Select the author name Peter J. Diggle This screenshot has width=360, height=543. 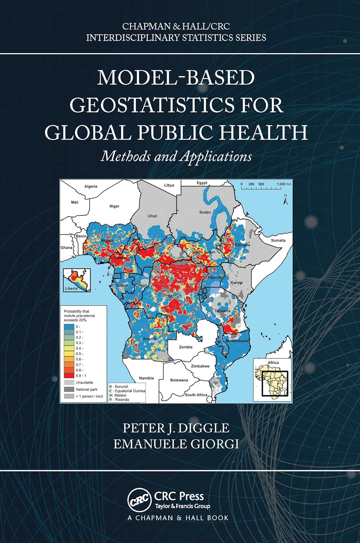(x=176, y=428)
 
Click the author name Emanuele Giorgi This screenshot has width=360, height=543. (x=176, y=444)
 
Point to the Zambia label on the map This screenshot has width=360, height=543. (x=186, y=347)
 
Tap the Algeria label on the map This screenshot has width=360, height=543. (x=91, y=186)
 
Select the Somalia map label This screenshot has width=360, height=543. (x=278, y=240)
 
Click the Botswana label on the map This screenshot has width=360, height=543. (x=179, y=380)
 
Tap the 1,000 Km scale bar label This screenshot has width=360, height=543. (x=284, y=184)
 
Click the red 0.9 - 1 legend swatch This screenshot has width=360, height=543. (x=69, y=376)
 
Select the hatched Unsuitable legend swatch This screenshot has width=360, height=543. (x=69, y=382)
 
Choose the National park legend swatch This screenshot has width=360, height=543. (x=69, y=390)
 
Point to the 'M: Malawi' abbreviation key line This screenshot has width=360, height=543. (x=118, y=395)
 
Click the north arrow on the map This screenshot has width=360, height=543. (x=285, y=198)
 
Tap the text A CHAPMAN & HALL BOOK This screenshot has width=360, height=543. (x=178, y=518)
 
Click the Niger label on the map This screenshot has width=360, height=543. (x=114, y=206)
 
